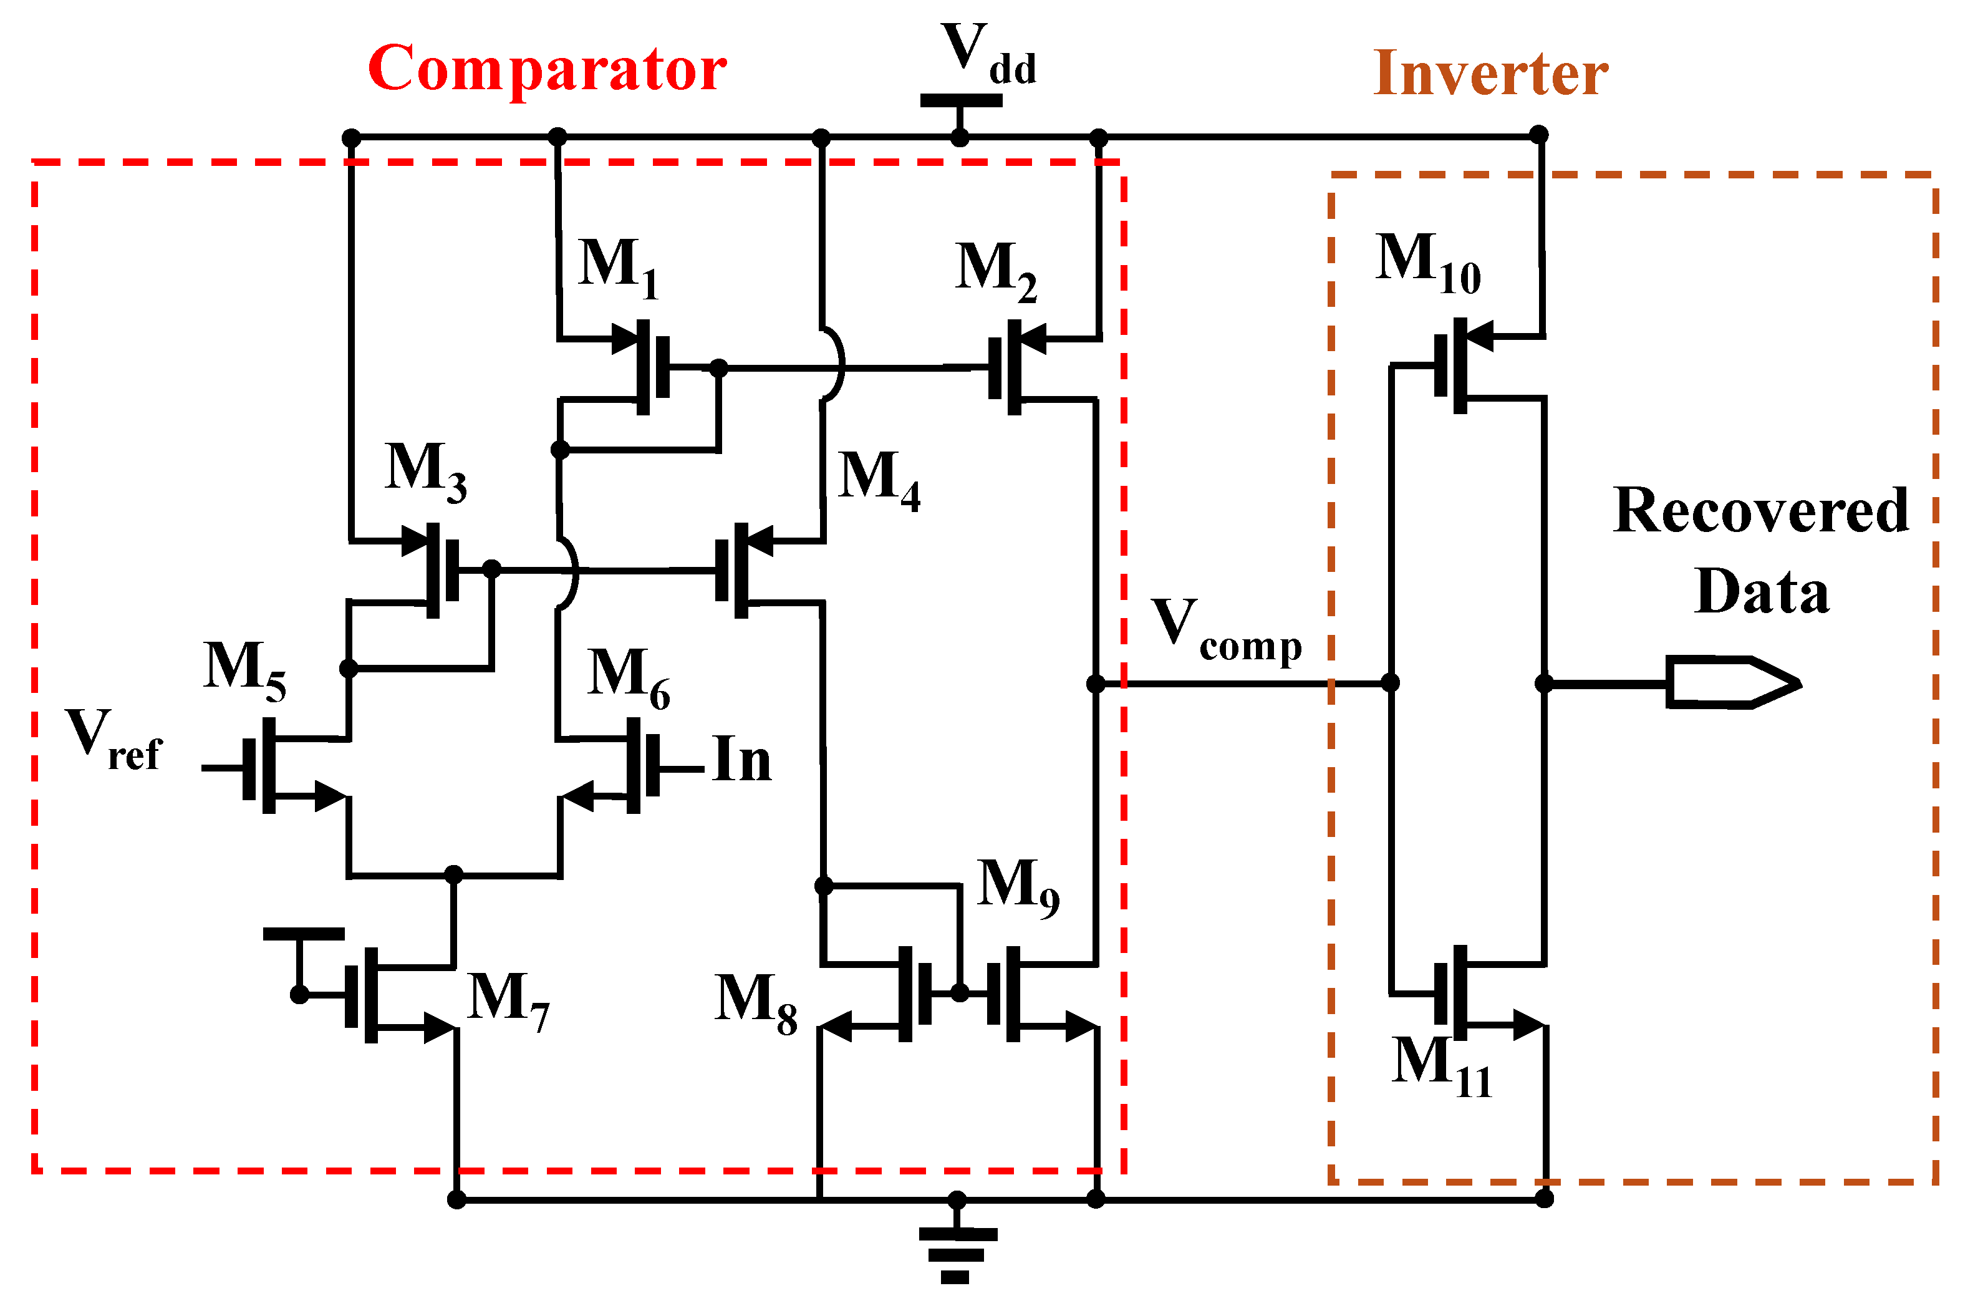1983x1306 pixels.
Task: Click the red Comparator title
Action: tap(547, 69)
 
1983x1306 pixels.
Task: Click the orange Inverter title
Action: tap(1490, 74)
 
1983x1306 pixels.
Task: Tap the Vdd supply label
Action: tap(987, 54)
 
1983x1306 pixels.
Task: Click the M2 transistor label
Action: tap(996, 270)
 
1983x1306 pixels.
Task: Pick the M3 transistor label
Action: tap(425, 471)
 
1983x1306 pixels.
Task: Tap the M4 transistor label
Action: tap(878, 479)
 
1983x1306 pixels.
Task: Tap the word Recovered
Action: tap(1760, 511)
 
